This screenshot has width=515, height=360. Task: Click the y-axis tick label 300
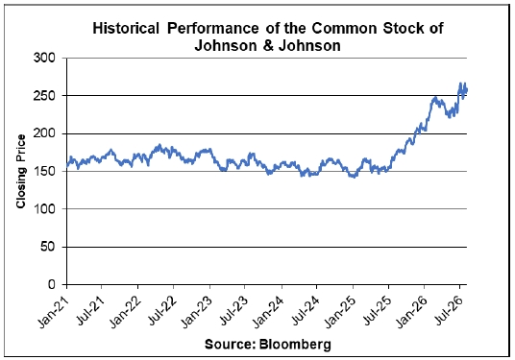click(x=44, y=59)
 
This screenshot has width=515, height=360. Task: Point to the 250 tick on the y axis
click(x=44, y=96)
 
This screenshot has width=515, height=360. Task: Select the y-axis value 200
click(x=44, y=133)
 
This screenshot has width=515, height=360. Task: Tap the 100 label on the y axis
click(x=44, y=209)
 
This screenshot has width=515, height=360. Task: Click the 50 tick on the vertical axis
click(x=48, y=247)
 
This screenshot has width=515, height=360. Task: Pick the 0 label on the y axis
click(x=52, y=284)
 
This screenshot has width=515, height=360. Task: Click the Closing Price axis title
click(x=21, y=171)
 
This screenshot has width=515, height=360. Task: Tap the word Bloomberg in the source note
click(x=295, y=345)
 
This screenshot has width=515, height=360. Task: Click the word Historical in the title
click(x=126, y=28)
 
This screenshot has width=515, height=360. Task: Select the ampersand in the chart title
click(x=268, y=45)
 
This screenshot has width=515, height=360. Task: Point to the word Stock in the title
click(x=403, y=28)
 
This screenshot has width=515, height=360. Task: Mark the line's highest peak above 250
click(x=460, y=83)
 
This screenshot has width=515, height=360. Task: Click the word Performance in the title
click(x=213, y=28)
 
